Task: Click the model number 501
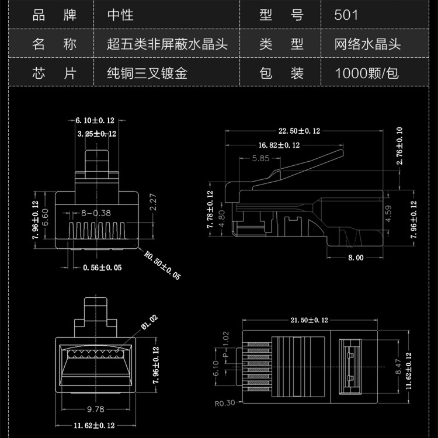(x=346, y=14)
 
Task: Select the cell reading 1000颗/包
(x=367, y=74)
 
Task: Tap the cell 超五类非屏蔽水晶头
(x=167, y=44)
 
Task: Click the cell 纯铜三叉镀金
(x=147, y=74)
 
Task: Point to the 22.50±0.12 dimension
(x=300, y=131)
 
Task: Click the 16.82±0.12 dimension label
(x=279, y=145)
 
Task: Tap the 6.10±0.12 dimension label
(x=95, y=120)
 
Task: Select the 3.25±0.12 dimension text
(x=97, y=134)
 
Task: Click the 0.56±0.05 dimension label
(x=102, y=268)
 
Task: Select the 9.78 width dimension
(x=95, y=409)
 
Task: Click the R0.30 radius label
(x=224, y=402)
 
